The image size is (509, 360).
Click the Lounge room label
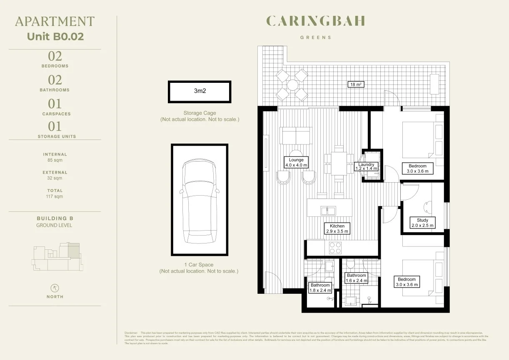coord(296,162)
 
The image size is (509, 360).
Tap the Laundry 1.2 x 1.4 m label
coord(366,167)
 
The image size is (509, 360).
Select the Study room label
coord(422,223)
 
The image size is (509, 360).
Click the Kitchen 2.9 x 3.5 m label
coord(337,228)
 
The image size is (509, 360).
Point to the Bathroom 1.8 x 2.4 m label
coord(320,288)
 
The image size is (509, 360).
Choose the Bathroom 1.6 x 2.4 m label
coord(357,278)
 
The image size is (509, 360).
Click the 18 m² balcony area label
coord(356,85)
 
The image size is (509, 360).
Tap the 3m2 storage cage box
coord(200,92)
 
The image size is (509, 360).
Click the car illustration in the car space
coord(199,202)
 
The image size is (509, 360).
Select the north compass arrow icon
coord(55,288)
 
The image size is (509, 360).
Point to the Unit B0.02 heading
coord(55,36)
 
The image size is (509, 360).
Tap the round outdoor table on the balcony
coord(292,85)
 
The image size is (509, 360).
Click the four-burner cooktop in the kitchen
coord(335,248)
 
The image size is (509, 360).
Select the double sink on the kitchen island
coord(328,211)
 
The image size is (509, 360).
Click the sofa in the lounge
coord(296,135)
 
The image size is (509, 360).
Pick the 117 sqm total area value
coord(55,196)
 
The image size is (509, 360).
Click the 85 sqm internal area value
coord(55,160)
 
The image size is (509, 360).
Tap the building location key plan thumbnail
coord(55,256)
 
